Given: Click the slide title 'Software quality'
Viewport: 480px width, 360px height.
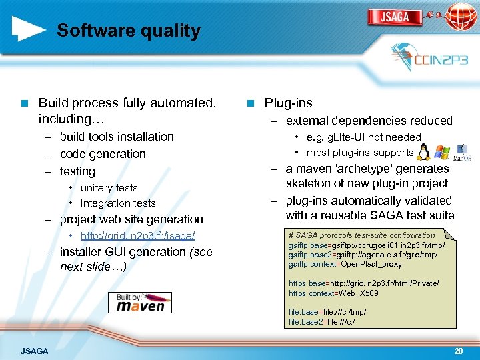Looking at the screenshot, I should click(x=128, y=31).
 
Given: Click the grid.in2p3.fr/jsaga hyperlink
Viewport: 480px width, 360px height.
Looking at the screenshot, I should click(x=137, y=236).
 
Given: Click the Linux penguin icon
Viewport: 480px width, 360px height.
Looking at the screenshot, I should click(x=423, y=152).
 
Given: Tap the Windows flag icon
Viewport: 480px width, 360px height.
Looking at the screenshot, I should click(x=441, y=152).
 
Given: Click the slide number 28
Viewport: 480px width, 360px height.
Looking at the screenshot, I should click(x=458, y=351).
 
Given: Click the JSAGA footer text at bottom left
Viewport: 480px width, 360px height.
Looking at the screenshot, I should click(x=34, y=351).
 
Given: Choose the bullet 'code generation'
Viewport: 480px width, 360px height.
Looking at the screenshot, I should click(x=102, y=154).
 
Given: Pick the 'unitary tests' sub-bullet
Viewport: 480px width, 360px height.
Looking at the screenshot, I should click(x=109, y=188).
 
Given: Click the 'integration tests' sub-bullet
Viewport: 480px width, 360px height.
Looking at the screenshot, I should click(x=117, y=203).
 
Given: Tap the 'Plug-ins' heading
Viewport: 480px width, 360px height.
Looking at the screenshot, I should click(x=288, y=103).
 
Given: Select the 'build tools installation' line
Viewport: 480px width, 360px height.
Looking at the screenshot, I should click(x=116, y=137).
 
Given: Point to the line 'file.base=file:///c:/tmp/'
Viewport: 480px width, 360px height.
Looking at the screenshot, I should click(x=327, y=312).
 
